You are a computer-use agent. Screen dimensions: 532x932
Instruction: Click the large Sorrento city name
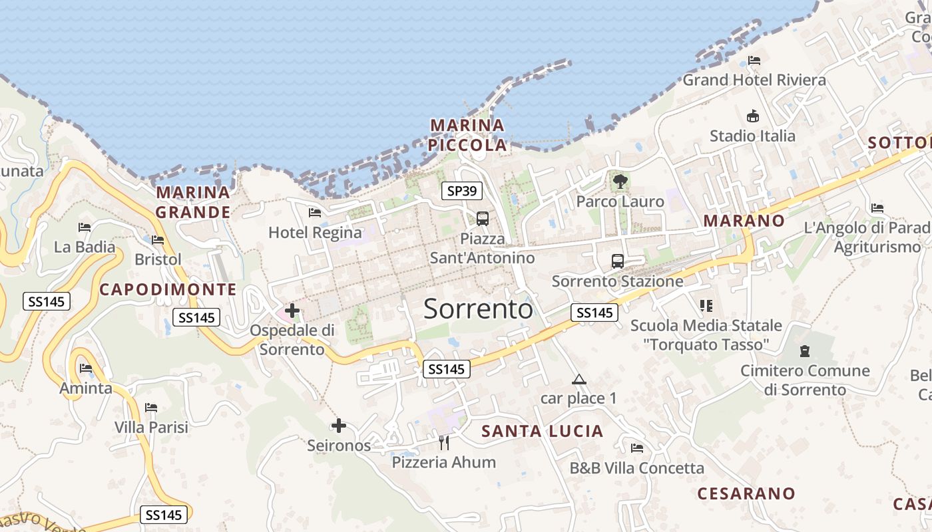(478, 309)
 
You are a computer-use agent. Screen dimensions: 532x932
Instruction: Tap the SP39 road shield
(462, 191)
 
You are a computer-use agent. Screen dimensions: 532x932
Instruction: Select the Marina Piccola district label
(467, 135)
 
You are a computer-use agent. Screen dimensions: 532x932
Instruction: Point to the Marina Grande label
(193, 202)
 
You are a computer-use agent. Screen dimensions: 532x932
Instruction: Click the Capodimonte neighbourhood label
(168, 289)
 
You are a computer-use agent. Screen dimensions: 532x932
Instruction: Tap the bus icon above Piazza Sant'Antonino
(483, 218)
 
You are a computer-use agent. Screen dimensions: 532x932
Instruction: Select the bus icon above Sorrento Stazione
(618, 261)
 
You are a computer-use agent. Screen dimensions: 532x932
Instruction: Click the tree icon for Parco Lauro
(620, 181)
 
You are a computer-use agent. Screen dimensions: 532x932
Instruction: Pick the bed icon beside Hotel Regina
(315, 212)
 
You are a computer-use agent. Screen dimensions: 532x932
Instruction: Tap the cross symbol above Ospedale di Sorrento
(292, 310)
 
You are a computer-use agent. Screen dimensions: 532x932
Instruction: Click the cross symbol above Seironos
(339, 425)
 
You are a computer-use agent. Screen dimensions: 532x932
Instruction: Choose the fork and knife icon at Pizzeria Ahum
(444, 442)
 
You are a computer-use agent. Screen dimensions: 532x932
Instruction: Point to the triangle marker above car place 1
(579, 380)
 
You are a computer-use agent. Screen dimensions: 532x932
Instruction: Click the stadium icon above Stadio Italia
(752, 116)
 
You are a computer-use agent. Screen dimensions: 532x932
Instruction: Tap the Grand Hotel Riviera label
(754, 80)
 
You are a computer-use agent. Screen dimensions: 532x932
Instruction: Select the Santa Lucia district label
(542, 431)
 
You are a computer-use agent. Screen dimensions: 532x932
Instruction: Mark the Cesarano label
(746, 493)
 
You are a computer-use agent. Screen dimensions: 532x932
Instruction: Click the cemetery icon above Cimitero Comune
(805, 350)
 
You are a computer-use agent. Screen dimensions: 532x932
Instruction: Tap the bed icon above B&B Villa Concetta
(637, 448)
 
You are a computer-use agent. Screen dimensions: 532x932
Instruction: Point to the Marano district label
(744, 221)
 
